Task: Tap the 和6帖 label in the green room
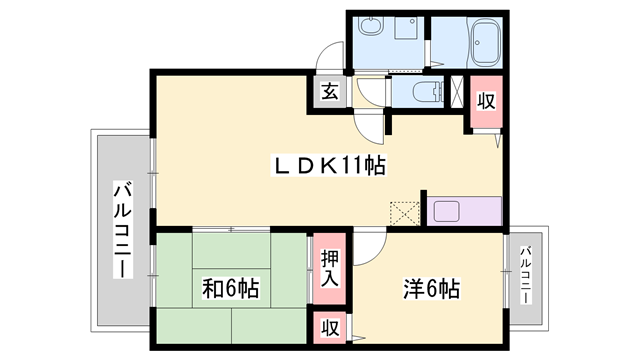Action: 231,289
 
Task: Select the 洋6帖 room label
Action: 432,289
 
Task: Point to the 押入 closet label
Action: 329,268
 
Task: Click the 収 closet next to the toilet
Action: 484,101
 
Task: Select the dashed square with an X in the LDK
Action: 404,212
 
